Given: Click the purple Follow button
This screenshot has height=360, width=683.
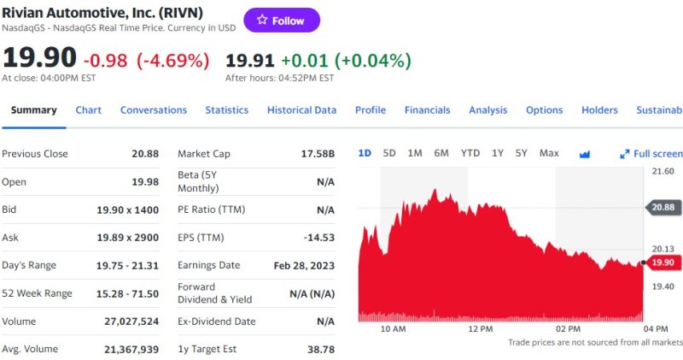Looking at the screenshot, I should (282, 21).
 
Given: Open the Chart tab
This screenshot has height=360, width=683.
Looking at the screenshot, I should (88, 110).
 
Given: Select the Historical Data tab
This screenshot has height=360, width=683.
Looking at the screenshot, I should (301, 110).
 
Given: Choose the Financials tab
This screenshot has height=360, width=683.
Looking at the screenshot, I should (427, 110).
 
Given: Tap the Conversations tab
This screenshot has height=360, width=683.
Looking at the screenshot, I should (154, 110).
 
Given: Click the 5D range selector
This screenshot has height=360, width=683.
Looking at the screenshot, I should (389, 153).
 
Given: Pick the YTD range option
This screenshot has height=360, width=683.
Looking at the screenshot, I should (470, 153).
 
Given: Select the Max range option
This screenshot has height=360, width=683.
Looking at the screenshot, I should (549, 153).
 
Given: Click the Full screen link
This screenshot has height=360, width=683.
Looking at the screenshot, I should (652, 154).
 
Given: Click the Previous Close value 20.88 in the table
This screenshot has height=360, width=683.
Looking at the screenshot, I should (144, 154).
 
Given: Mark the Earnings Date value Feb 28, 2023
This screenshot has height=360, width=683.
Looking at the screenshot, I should (303, 266).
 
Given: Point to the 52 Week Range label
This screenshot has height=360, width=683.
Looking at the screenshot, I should (37, 293).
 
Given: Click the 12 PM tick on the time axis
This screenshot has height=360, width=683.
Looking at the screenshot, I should (481, 328).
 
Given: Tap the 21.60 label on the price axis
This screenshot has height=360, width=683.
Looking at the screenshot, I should (663, 172).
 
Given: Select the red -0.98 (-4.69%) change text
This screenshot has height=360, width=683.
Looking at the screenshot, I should (146, 61).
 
